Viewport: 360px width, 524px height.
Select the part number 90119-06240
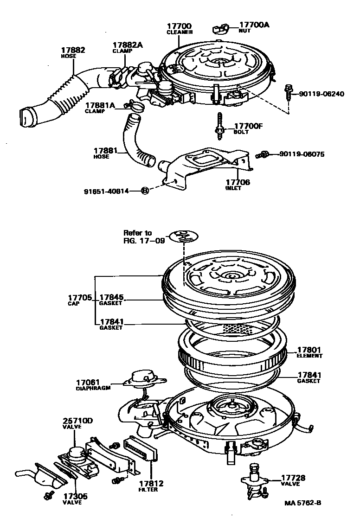[321, 94]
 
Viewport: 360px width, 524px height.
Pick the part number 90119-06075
[302, 153]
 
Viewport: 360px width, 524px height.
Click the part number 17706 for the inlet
[238, 182]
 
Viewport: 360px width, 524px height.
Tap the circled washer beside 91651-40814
[145, 191]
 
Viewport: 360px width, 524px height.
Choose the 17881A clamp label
[99, 106]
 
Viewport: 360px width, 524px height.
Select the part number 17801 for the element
[309, 350]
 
